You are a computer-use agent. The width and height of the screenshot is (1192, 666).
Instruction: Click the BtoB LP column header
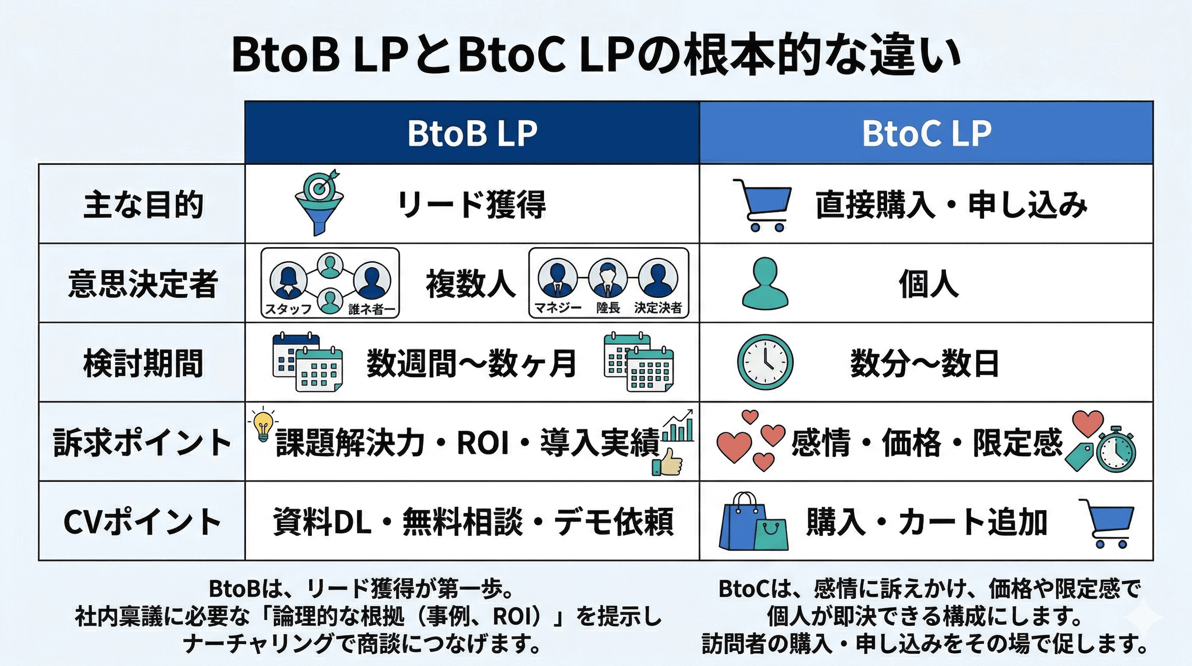point(472,134)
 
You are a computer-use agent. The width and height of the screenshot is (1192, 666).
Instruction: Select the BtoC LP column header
point(926,134)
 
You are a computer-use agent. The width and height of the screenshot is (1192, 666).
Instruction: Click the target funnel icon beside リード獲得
point(319,202)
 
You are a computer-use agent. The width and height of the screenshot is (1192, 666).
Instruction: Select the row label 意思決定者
point(143,284)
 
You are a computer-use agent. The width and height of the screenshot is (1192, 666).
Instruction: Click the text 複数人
point(470,284)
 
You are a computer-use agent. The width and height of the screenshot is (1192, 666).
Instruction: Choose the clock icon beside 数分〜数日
point(765,362)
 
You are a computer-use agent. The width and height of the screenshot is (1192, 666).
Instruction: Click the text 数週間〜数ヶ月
point(472,363)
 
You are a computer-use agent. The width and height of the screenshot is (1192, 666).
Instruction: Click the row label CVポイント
point(143,522)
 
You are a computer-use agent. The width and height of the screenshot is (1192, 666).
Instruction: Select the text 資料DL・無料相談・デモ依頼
point(473,522)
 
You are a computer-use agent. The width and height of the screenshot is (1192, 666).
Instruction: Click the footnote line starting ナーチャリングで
point(362,644)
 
